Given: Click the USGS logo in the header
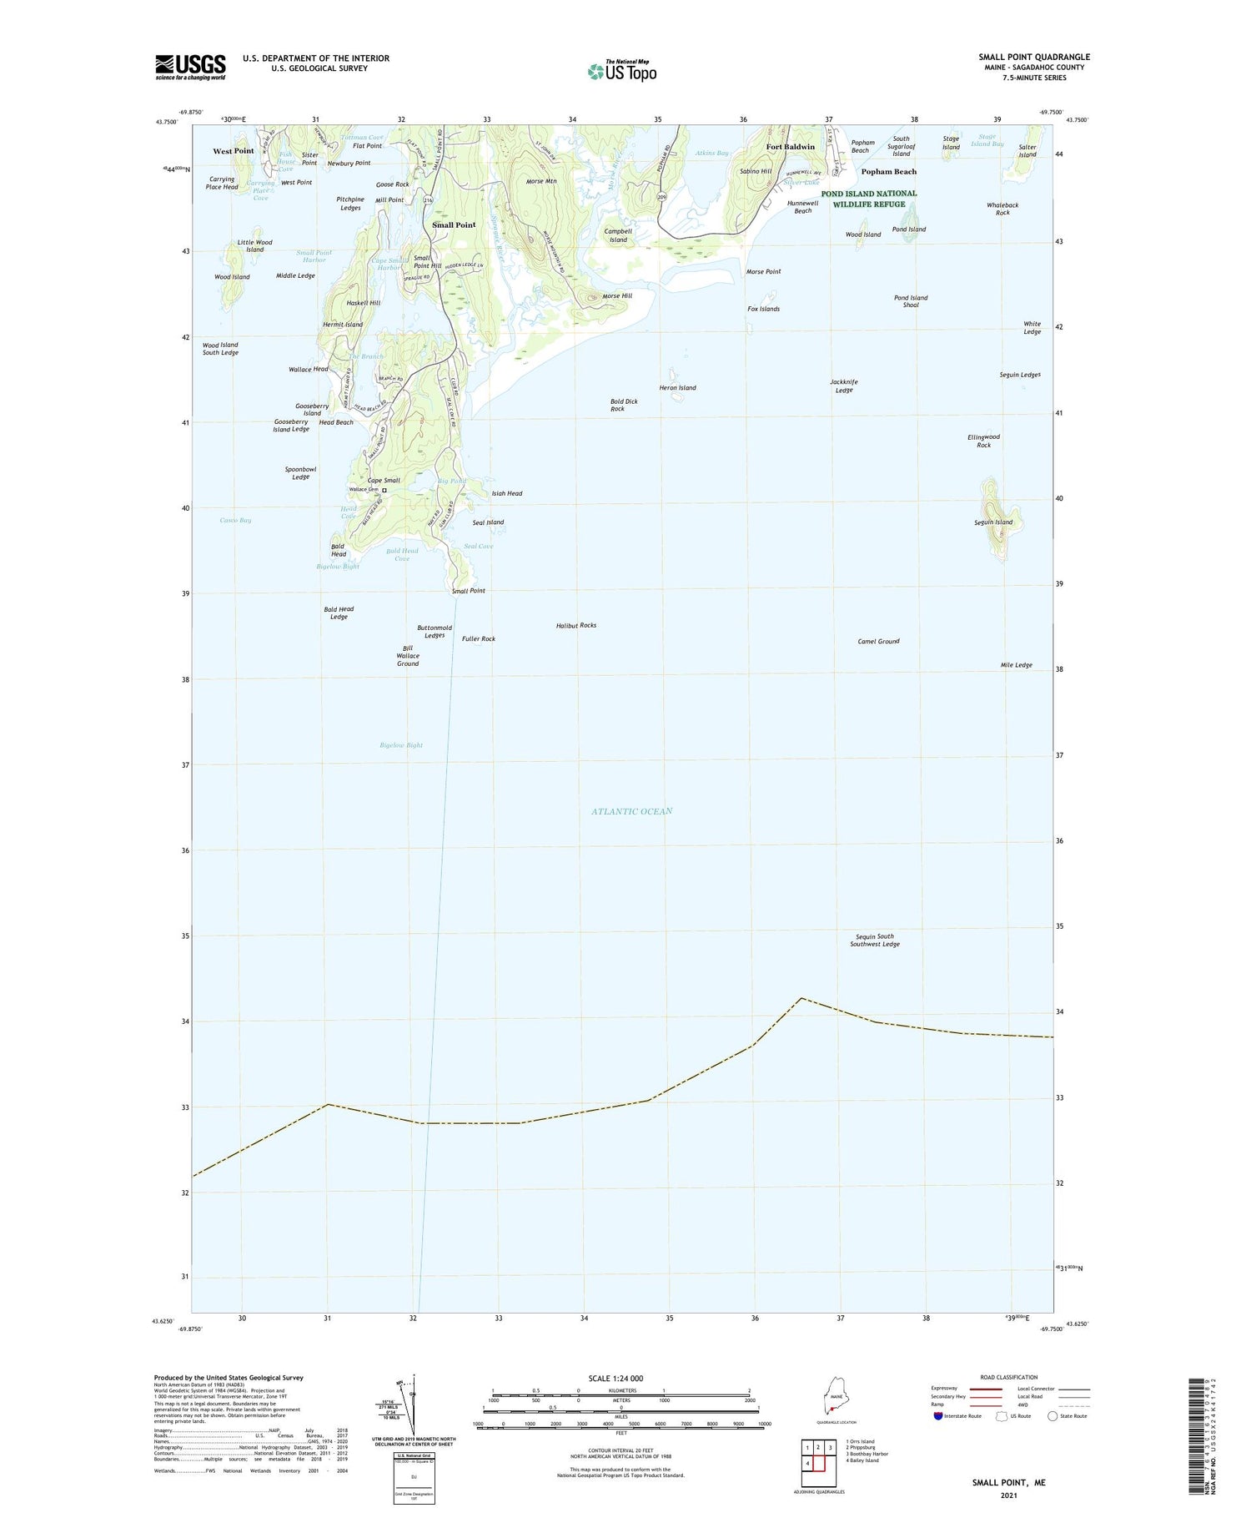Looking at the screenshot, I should pyautogui.click(x=190, y=67).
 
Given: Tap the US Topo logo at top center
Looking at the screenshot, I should pyautogui.click(x=622, y=72).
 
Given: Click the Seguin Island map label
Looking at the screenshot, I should pyautogui.click(x=992, y=522).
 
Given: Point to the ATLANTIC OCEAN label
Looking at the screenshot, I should pyautogui.click(x=631, y=811).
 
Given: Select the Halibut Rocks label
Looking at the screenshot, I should pyautogui.click(x=575, y=625).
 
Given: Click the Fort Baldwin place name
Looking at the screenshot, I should pyautogui.click(x=790, y=147).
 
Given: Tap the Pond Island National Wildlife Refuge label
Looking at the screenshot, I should pyautogui.click(x=868, y=199).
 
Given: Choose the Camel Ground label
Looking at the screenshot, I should pyautogui.click(x=878, y=641).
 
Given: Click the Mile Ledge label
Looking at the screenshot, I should pyautogui.click(x=1016, y=665).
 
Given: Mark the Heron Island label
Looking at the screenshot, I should pyautogui.click(x=677, y=388).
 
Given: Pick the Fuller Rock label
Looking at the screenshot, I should pyautogui.click(x=478, y=639).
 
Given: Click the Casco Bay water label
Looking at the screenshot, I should pyautogui.click(x=235, y=520).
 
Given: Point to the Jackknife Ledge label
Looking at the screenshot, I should pyautogui.click(x=844, y=386).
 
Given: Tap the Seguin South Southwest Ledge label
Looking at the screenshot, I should pyautogui.click(x=874, y=940).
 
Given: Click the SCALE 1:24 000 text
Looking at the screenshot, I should pyautogui.click(x=620, y=1379).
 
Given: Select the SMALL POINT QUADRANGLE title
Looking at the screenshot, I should pyautogui.click(x=1033, y=58).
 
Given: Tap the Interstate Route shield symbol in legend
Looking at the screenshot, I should pyautogui.click(x=937, y=1416).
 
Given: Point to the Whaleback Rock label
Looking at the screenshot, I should pyautogui.click(x=1002, y=209).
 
